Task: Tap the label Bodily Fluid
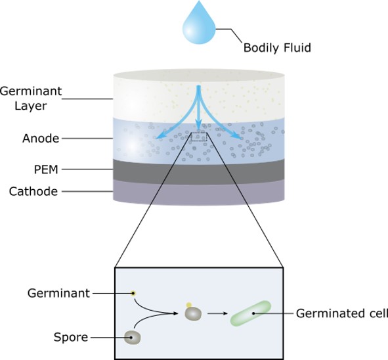click(x=277, y=47)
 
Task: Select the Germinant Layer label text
click(x=31, y=99)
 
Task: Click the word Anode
click(x=41, y=139)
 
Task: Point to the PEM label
click(x=46, y=169)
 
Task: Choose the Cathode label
click(x=33, y=191)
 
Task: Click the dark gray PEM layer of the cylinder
click(x=199, y=172)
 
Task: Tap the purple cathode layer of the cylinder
click(x=199, y=192)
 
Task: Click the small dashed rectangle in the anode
click(x=199, y=137)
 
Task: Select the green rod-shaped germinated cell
click(x=251, y=313)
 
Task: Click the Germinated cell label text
click(x=342, y=313)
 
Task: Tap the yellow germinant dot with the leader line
click(x=133, y=294)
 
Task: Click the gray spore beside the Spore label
click(x=133, y=338)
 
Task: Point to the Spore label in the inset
click(x=71, y=338)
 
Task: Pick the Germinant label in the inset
click(x=58, y=293)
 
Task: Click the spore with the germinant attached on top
click(x=193, y=313)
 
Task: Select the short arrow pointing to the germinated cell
click(x=217, y=313)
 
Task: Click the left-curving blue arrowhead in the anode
click(x=160, y=135)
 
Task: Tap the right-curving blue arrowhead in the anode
click(x=236, y=135)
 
